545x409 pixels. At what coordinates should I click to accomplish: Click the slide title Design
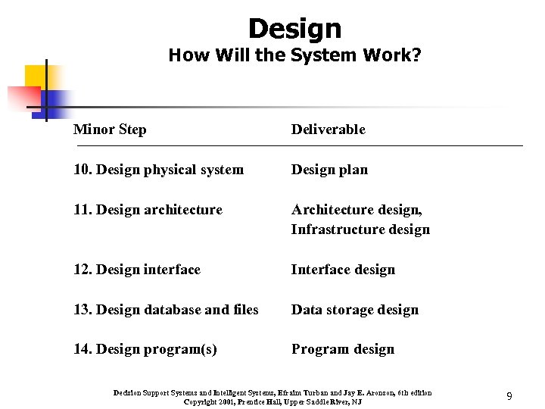(x=294, y=29)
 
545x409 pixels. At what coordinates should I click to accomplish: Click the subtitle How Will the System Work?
(x=294, y=55)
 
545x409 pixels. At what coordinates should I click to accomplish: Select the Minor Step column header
(x=110, y=130)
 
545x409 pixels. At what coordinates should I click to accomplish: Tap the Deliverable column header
(x=329, y=130)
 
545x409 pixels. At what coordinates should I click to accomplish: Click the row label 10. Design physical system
(x=158, y=170)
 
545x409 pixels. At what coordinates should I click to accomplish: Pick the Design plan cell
(x=329, y=170)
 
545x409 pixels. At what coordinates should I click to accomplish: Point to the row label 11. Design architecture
(x=148, y=210)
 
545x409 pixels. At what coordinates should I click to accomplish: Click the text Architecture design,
(x=357, y=210)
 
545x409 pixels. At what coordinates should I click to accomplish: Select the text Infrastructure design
(x=360, y=229)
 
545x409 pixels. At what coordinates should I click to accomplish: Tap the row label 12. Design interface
(x=137, y=270)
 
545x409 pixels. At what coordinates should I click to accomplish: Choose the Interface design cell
(x=343, y=270)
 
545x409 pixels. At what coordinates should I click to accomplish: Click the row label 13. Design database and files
(x=166, y=310)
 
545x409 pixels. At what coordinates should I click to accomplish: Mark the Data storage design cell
(x=355, y=310)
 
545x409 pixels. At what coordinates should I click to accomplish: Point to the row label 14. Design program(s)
(x=145, y=349)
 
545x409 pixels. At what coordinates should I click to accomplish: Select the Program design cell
(x=343, y=349)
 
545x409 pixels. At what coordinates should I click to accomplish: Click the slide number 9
(x=509, y=396)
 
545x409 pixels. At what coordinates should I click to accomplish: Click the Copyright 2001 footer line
(x=272, y=401)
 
